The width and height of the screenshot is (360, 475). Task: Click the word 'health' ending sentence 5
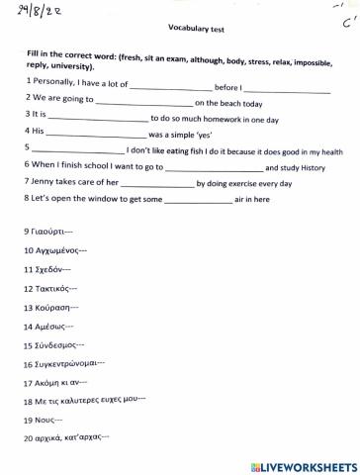point(327,152)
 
